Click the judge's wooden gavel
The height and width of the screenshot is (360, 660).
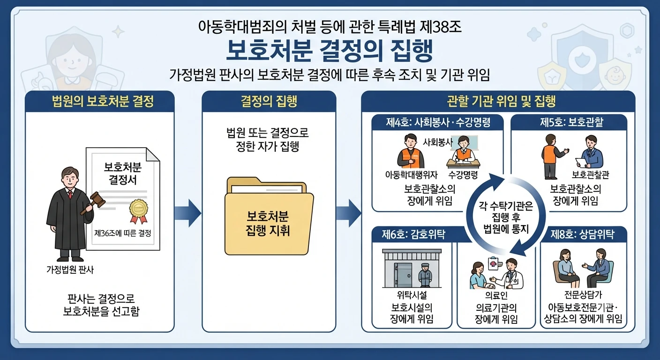[x=94, y=202]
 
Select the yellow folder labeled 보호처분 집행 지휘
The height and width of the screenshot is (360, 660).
[x=269, y=216]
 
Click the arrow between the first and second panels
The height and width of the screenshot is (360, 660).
[x=187, y=213]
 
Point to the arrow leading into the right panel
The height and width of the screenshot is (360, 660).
[x=349, y=213]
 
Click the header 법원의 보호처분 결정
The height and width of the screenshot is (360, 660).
[x=103, y=101]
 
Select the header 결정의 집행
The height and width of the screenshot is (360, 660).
[x=269, y=101]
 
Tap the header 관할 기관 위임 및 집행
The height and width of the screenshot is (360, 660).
[x=501, y=101]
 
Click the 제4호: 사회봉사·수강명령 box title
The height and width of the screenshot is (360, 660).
[x=438, y=122]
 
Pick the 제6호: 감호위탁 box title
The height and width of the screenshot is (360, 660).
[x=413, y=234]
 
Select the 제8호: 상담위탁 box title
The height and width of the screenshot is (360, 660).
[x=583, y=234]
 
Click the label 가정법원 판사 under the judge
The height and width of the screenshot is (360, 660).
[x=70, y=270]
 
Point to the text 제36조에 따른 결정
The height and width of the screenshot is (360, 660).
[x=122, y=233]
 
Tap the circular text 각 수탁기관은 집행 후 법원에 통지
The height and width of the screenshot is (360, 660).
[x=506, y=217]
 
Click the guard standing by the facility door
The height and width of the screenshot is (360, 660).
[x=425, y=275]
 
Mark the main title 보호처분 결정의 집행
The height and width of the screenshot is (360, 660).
[x=330, y=51]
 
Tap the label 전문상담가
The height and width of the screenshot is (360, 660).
[x=584, y=294]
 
